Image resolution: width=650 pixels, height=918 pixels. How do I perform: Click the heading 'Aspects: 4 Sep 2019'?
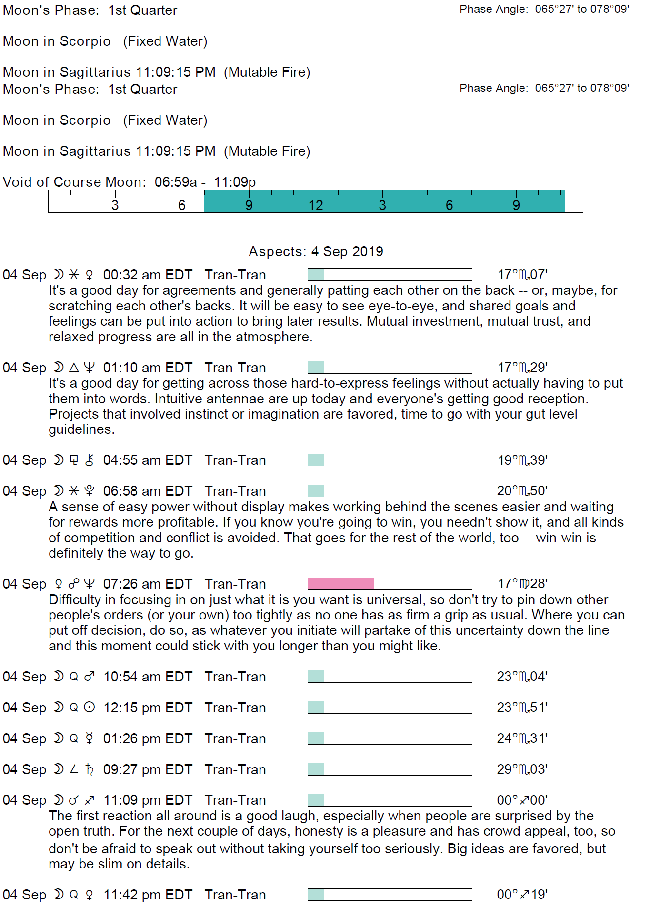pos(316,251)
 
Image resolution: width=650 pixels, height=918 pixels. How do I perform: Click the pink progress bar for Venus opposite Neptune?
pos(341,584)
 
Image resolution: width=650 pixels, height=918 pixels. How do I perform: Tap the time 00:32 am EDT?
pos(148,275)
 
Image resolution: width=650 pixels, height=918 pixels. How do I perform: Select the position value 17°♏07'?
pos(522,275)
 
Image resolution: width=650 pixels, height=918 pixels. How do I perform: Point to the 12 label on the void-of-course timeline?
pos(316,205)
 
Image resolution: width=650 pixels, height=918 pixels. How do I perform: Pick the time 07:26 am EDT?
pos(148,584)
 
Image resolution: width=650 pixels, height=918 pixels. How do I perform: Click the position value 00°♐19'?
pos(522,895)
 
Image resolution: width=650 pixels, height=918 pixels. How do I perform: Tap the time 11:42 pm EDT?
pos(148,895)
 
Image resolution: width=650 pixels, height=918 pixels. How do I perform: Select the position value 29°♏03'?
pos(522,769)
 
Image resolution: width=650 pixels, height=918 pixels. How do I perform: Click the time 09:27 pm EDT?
pos(148,769)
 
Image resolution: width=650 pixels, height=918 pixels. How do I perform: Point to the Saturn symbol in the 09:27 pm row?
pos(90,769)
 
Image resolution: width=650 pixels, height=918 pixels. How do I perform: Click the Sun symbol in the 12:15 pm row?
pos(90,708)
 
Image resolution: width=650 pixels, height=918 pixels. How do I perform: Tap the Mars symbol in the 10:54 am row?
pos(90,677)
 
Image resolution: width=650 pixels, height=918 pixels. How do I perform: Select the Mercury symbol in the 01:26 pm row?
pos(90,738)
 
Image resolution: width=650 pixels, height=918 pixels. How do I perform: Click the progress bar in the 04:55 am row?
pos(390,460)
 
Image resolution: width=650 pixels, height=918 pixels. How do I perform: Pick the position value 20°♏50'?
pos(522,491)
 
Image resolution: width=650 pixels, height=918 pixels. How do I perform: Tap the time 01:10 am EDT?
pos(148,368)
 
